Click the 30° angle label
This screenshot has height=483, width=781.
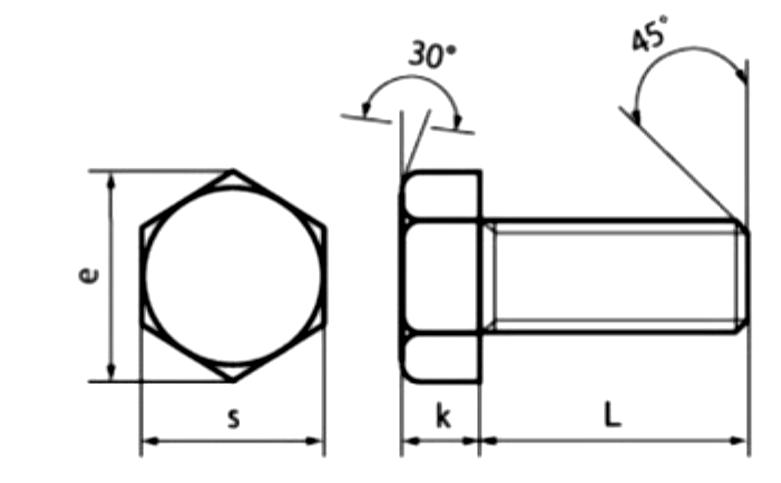tap(432, 54)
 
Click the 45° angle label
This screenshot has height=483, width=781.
tap(649, 33)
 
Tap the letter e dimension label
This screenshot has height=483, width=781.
tap(89, 276)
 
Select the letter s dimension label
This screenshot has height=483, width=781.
tap(233, 418)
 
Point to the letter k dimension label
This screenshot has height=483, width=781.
tap(444, 415)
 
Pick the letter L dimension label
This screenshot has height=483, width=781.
tap(613, 414)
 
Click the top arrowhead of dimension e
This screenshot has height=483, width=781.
tap(111, 182)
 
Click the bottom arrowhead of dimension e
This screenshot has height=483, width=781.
tap(111, 372)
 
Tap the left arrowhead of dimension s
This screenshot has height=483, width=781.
tap(151, 441)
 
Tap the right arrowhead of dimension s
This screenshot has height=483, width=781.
tap(313, 441)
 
